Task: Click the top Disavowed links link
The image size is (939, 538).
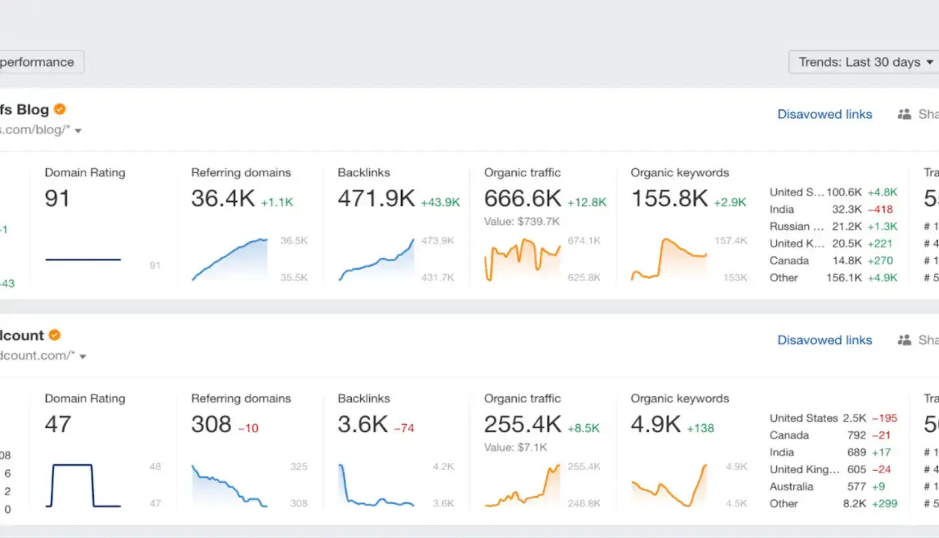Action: click(x=825, y=114)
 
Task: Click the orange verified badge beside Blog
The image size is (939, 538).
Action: click(x=59, y=109)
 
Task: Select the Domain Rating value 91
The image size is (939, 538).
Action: click(x=57, y=199)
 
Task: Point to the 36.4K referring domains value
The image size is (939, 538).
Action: click(x=222, y=199)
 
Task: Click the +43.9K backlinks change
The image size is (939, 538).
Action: click(x=440, y=202)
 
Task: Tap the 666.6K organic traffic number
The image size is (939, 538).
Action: click(x=523, y=199)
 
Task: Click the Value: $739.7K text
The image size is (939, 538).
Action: click(x=522, y=221)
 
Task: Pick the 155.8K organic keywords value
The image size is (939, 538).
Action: click(x=669, y=199)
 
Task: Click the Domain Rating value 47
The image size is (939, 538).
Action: click(x=57, y=424)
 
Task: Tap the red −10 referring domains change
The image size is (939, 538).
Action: click(x=248, y=428)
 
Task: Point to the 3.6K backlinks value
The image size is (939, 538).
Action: click(x=362, y=424)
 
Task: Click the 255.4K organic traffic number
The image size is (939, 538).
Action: click(x=523, y=424)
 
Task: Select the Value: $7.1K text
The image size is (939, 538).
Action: click(x=515, y=447)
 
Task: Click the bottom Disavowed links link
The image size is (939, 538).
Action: click(x=825, y=340)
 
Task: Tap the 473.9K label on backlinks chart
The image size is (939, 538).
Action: click(x=437, y=241)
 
